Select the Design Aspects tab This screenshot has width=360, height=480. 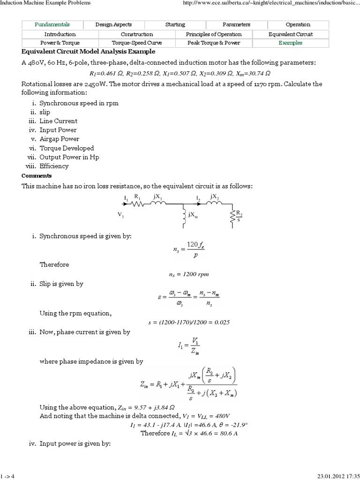click(113, 24)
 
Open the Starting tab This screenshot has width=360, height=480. click(175, 24)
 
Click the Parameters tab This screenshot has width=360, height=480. click(237, 24)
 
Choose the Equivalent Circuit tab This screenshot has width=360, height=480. click(291, 34)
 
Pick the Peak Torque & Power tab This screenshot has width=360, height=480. click(214, 43)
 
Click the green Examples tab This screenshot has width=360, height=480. click(291, 43)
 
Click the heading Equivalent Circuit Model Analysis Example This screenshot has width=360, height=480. click(88, 52)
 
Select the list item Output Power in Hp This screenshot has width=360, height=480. click(69, 157)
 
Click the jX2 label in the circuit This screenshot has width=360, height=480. click(215, 196)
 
